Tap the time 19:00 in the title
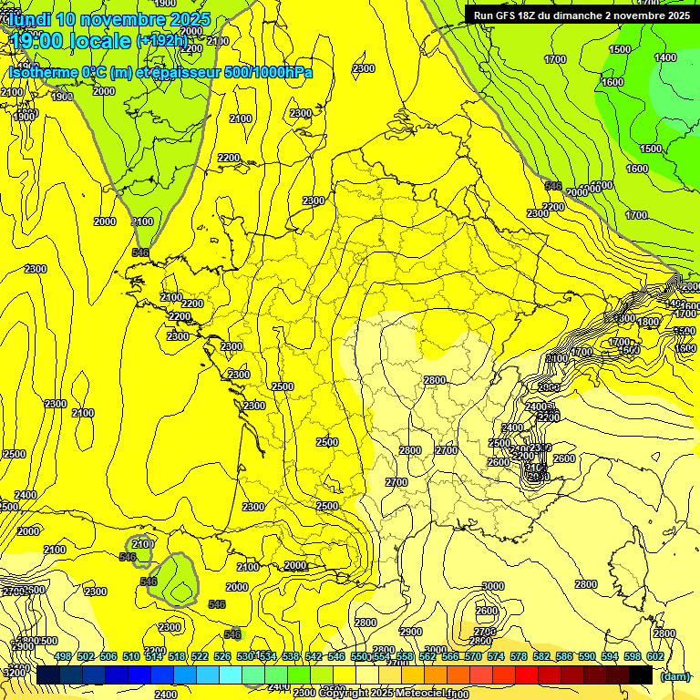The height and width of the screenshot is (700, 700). (39, 41)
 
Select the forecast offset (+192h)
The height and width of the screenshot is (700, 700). (161, 41)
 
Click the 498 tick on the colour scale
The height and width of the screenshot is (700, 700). (63, 656)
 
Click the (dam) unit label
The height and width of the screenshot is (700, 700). (674, 676)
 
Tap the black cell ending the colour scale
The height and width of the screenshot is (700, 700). (641, 674)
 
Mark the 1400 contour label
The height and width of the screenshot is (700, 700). (664, 57)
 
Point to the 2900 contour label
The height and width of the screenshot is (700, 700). (411, 632)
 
